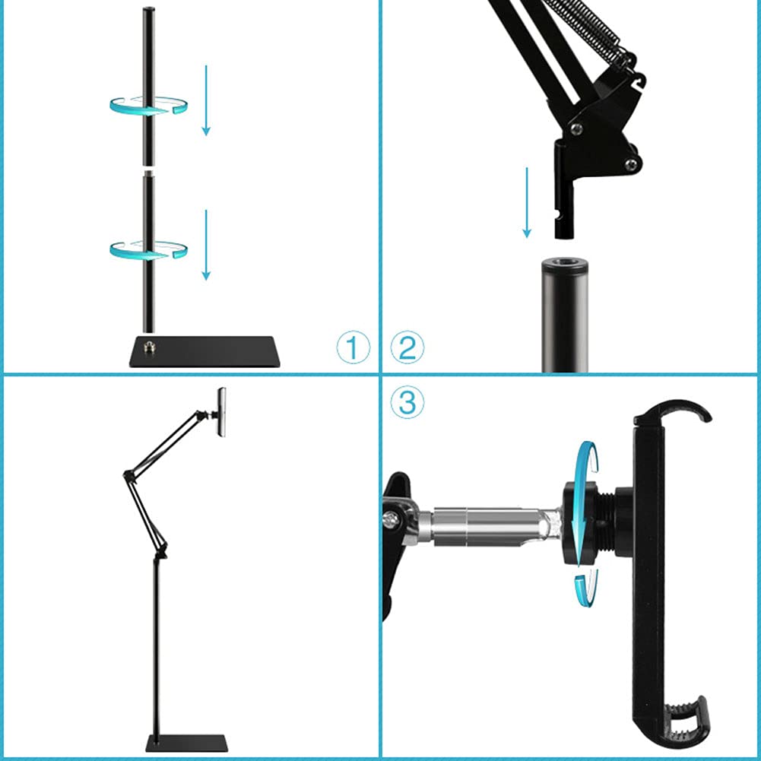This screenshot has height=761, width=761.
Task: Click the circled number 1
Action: pyautogui.click(x=353, y=348)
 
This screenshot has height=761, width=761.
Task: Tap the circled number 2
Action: pyautogui.click(x=407, y=348)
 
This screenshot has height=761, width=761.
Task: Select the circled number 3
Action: pyautogui.click(x=407, y=402)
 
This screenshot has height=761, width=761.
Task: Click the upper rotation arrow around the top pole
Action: pyautogui.click(x=149, y=106)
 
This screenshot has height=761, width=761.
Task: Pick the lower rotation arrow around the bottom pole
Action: pyautogui.click(x=149, y=249)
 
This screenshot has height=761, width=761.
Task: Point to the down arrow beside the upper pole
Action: pyautogui.click(x=205, y=100)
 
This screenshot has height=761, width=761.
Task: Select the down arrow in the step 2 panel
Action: pyautogui.click(x=526, y=202)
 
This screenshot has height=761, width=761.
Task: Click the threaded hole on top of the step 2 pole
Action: pyautogui.click(x=565, y=267)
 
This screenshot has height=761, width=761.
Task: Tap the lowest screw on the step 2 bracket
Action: pyautogui.click(x=630, y=163)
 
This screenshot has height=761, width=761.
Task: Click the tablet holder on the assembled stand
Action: pyautogui.click(x=221, y=411)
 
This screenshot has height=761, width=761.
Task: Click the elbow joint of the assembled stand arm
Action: pyautogui.click(x=127, y=476)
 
